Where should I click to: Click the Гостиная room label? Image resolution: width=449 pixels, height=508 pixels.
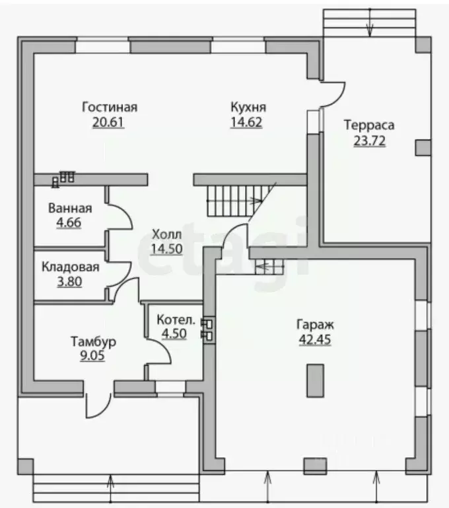coord(110,107)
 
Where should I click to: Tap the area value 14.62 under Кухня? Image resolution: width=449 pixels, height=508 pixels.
coord(246,122)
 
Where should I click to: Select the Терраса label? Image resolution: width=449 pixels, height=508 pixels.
coord(369,125)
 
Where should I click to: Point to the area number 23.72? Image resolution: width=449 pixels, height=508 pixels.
coord(369,141)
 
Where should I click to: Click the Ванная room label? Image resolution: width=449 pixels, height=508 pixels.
coord(70,208)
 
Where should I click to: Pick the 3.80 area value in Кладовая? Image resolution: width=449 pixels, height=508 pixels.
coord(69,282)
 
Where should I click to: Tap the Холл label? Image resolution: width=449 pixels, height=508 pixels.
coord(166,234)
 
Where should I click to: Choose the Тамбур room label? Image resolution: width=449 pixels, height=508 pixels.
coord(93,341)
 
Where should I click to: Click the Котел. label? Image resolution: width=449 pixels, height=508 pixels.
coord(176,319)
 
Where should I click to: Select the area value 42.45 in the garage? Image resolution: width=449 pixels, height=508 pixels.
coord(315,339)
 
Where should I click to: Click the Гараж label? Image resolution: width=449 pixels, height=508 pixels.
coord(315,324)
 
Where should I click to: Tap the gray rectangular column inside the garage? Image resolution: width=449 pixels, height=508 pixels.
coord(316,381)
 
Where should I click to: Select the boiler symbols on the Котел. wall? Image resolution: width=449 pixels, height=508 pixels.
coord(207,329)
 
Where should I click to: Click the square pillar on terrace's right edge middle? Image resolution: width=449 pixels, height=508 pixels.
coord(423,148)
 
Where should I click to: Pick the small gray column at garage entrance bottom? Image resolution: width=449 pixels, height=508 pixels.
coord(315,466)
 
